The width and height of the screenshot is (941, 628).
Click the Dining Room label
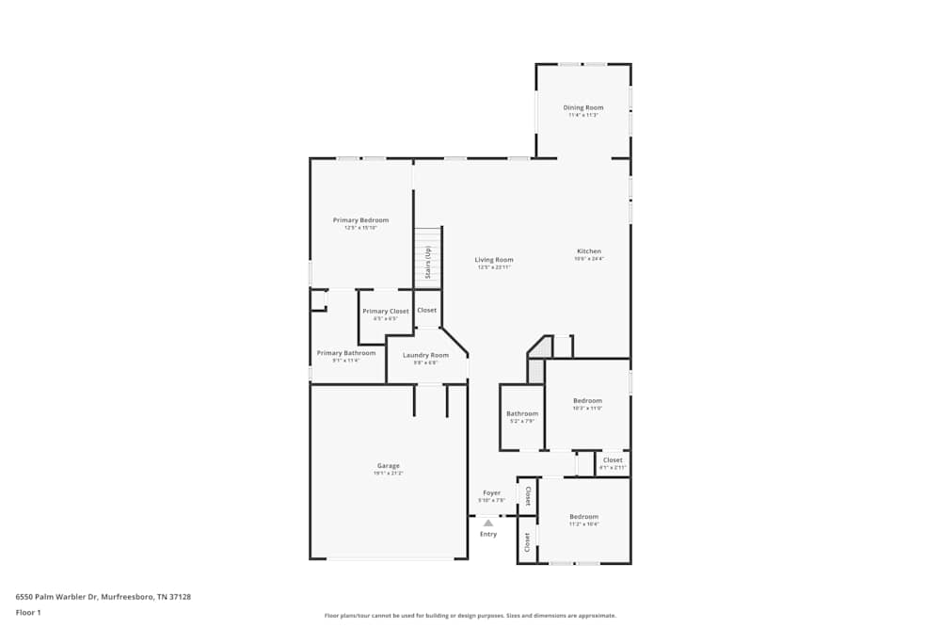coord(583,107)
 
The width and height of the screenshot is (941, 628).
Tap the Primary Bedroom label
coord(360,220)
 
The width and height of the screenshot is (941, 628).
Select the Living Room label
coord(494,260)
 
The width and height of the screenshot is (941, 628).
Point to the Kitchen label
coord(589,251)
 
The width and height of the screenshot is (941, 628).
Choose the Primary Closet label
coord(386,311)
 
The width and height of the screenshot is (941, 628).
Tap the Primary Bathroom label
coord(346,353)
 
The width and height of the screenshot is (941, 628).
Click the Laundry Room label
coord(425,355)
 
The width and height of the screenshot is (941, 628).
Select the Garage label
coord(389,465)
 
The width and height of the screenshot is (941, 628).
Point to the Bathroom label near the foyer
coord(522,413)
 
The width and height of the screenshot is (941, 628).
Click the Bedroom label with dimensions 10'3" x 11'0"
coord(587,400)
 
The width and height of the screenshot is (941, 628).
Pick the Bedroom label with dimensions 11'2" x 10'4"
coord(583,516)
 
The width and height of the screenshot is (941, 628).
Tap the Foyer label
coord(491,492)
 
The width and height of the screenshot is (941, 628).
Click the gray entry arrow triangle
coord(487,523)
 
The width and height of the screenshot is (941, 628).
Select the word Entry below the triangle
coord(488,534)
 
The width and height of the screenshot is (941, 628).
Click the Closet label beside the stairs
coord(426,310)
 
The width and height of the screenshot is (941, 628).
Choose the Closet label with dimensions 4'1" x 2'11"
coord(613,459)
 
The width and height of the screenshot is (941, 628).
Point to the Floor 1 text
coord(28,612)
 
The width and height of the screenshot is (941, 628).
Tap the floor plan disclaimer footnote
coord(470,615)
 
